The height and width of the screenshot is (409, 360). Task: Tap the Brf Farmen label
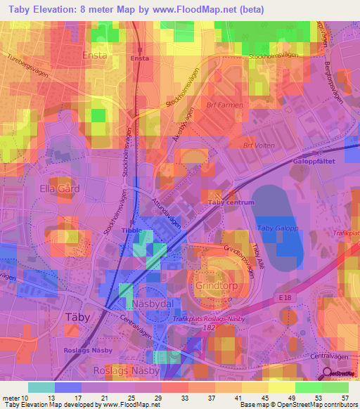coord(226,105)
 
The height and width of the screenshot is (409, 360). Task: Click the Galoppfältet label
coord(311,160)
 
